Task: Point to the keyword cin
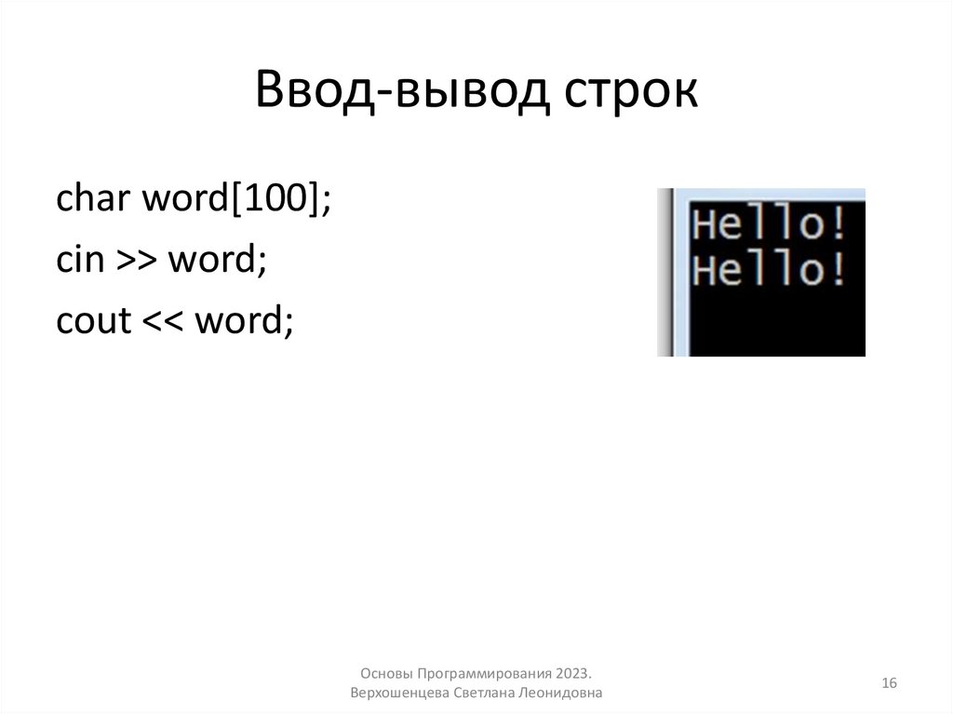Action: [78, 260]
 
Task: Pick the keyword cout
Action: [93, 322]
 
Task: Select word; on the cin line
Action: [217, 260]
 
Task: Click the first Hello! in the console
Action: [772, 226]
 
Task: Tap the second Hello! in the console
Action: [772, 271]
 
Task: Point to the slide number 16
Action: [889, 683]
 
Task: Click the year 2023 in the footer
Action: [575, 673]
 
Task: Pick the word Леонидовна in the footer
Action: [566, 694]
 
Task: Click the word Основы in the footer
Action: [385, 673]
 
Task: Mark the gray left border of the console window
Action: [664, 272]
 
